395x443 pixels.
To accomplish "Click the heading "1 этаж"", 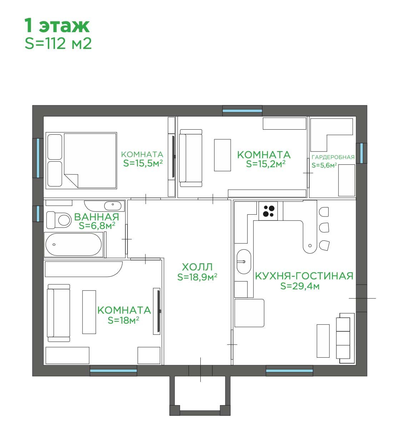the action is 57,26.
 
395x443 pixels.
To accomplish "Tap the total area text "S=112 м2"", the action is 58,44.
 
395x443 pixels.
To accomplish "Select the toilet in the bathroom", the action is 59,220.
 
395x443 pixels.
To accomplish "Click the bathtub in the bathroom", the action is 74,244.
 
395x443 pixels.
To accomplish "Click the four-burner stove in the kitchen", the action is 268,211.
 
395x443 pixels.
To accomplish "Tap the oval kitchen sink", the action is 244,262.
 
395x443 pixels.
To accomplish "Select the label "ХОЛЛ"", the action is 197,267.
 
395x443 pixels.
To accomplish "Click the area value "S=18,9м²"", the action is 197,277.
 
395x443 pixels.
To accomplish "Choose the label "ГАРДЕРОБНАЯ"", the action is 333,157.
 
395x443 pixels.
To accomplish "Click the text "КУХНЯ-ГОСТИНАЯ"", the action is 304,276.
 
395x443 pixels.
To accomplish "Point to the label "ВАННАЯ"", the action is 97,217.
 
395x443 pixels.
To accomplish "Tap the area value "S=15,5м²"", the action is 143,163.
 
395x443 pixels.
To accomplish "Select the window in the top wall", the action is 242,111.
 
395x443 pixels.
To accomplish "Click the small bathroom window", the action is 38,214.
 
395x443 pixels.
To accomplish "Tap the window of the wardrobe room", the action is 361,153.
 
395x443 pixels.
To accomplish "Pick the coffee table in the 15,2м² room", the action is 222,155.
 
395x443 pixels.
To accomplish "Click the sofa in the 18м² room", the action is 59,313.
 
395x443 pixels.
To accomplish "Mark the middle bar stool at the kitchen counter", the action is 324,228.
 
